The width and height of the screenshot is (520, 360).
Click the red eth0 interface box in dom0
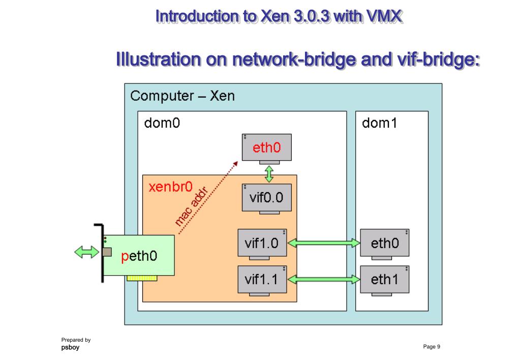tap(267, 148)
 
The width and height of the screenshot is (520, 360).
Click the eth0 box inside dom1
tap(384, 243)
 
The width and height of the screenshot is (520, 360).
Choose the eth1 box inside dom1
tap(384, 279)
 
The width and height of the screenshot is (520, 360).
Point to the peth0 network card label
tap(139, 256)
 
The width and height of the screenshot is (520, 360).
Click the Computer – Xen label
tap(182, 96)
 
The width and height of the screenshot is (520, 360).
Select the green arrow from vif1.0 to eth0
tap(323, 243)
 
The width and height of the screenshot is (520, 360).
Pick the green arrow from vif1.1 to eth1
tap(323, 279)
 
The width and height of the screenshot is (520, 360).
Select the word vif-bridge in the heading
tap(432, 59)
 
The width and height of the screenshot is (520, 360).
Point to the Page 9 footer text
tap(432, 346)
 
